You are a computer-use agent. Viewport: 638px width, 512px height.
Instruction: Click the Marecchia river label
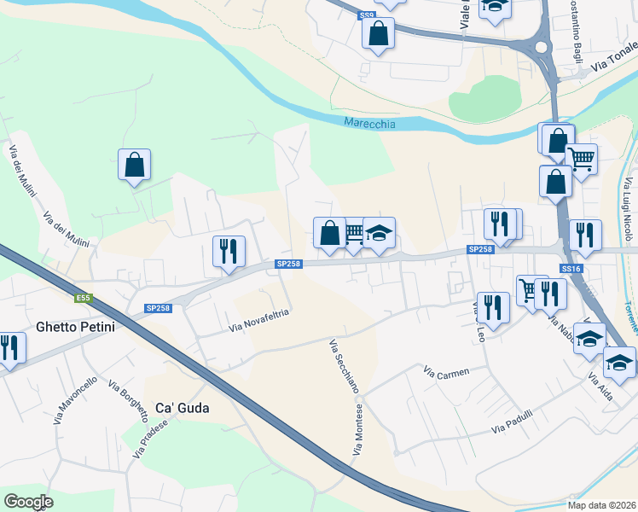tap(369, 124)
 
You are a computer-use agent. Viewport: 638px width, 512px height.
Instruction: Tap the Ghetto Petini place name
tap(76, 326)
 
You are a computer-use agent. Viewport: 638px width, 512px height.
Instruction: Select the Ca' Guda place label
tap(182, 408)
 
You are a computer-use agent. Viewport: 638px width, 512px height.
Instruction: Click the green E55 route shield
tap(83, 298)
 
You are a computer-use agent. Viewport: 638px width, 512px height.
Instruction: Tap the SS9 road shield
tap(367, 15)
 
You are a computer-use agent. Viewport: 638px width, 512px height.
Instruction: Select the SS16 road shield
tap(571, 269)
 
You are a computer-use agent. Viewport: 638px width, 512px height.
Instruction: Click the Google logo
tap(28, 502)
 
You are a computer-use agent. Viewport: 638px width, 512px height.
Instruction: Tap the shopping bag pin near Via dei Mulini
tap(135, 164)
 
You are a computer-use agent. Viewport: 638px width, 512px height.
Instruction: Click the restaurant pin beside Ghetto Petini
tap(9, 347)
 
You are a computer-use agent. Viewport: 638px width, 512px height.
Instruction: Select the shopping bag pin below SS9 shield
tap(378, 33)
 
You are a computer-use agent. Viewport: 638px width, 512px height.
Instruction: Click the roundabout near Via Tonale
tap(539, 49)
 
